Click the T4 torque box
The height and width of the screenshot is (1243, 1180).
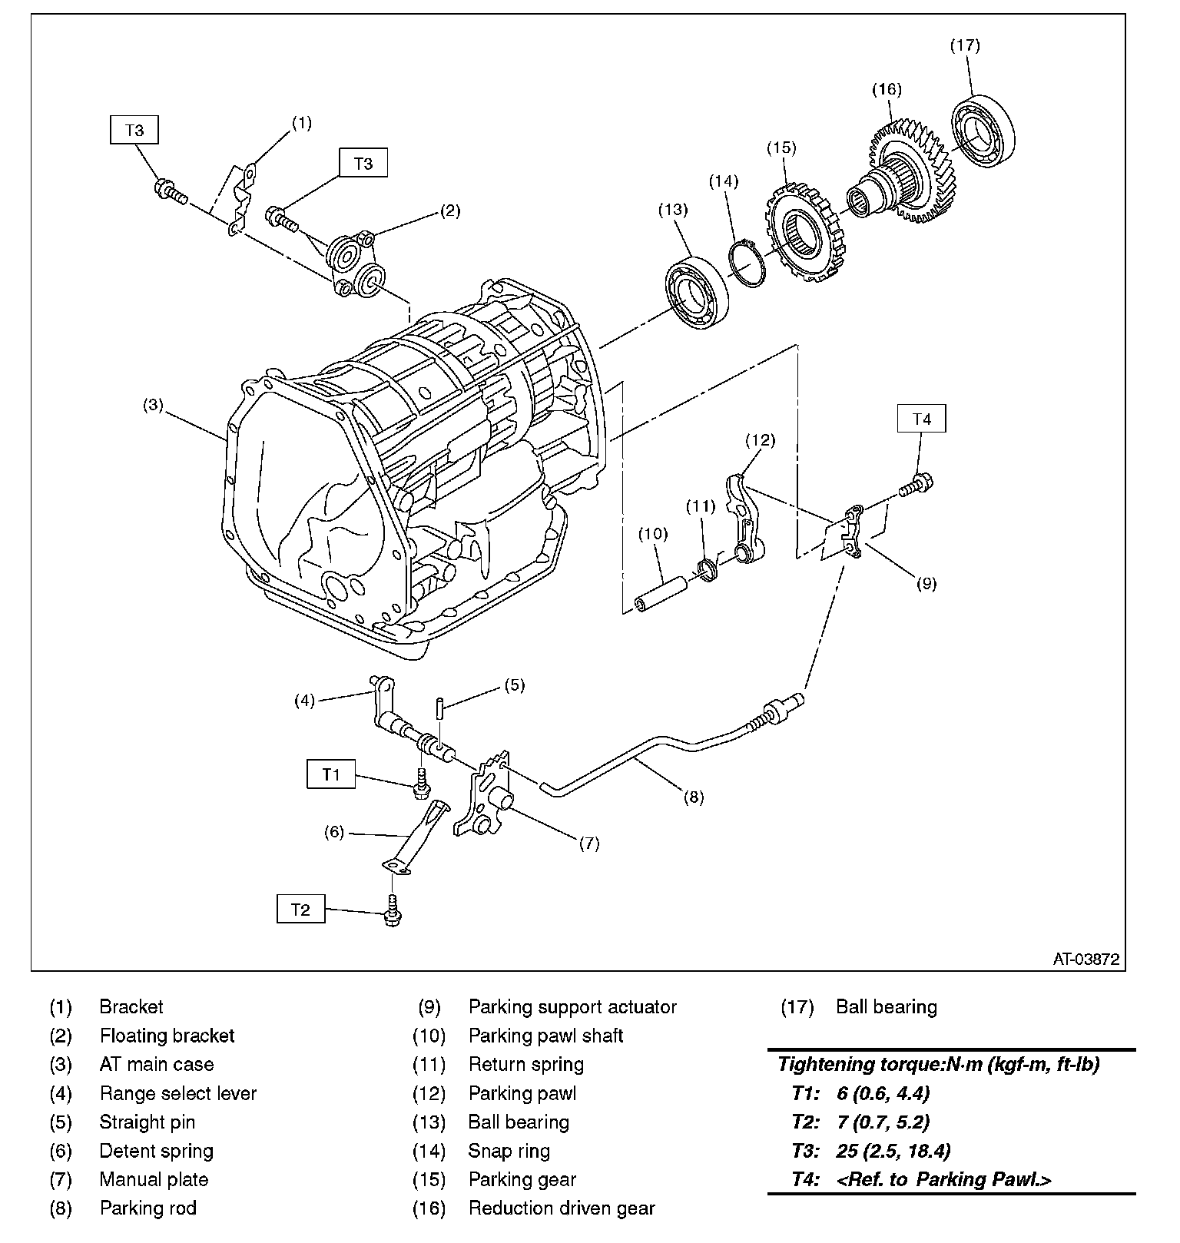pos(921,419)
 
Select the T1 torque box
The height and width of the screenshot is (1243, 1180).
pos(331,774)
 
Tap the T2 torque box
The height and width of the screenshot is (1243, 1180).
pos(300,910)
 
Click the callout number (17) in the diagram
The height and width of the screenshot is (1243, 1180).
pos(965,45)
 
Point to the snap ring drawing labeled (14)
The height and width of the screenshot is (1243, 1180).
pos(747,264)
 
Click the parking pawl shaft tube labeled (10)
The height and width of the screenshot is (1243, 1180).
pos(660,594)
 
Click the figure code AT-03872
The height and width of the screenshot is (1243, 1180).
pos(1086,959)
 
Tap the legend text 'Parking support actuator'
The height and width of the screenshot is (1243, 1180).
pos(572,1007)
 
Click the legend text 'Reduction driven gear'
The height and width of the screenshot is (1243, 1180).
pos(562,1208)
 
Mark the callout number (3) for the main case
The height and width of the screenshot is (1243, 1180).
pos(153,405)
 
